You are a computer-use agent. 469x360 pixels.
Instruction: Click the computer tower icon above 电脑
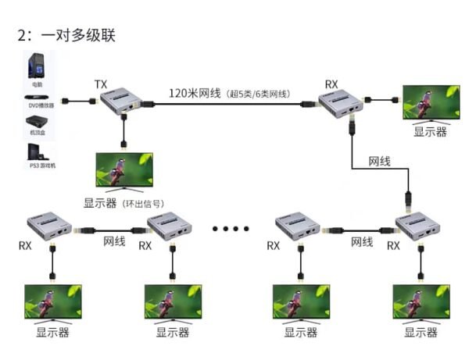[37, 65]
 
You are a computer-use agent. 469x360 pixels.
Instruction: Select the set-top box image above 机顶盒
[37, 122]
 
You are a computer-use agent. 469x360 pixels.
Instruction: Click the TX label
[101, 84]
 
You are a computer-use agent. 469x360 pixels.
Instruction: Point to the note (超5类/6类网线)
[259, 94]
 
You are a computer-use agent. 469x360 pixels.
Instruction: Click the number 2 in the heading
[21, 36]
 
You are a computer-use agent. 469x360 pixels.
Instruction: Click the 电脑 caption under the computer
[37, 83]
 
